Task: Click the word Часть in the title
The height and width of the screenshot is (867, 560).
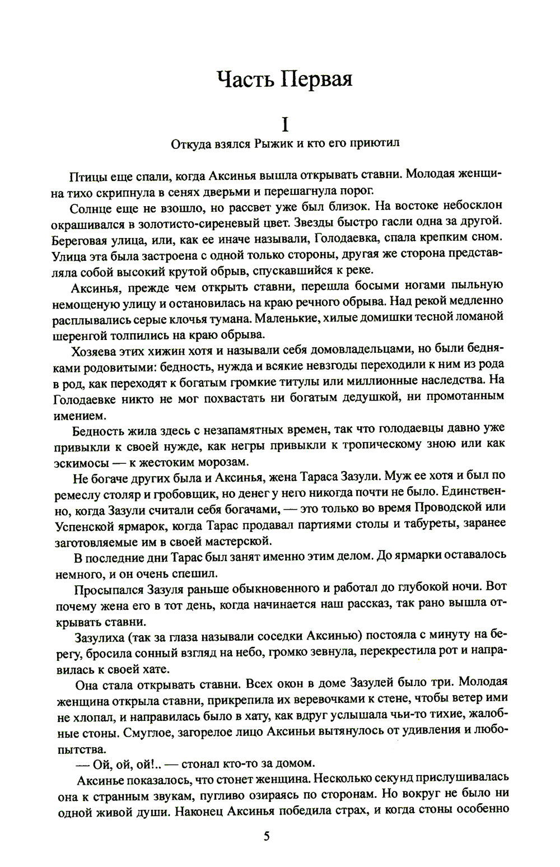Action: (x=245, y=79)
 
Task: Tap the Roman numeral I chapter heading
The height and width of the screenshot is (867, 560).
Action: (x=285, y=123)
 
